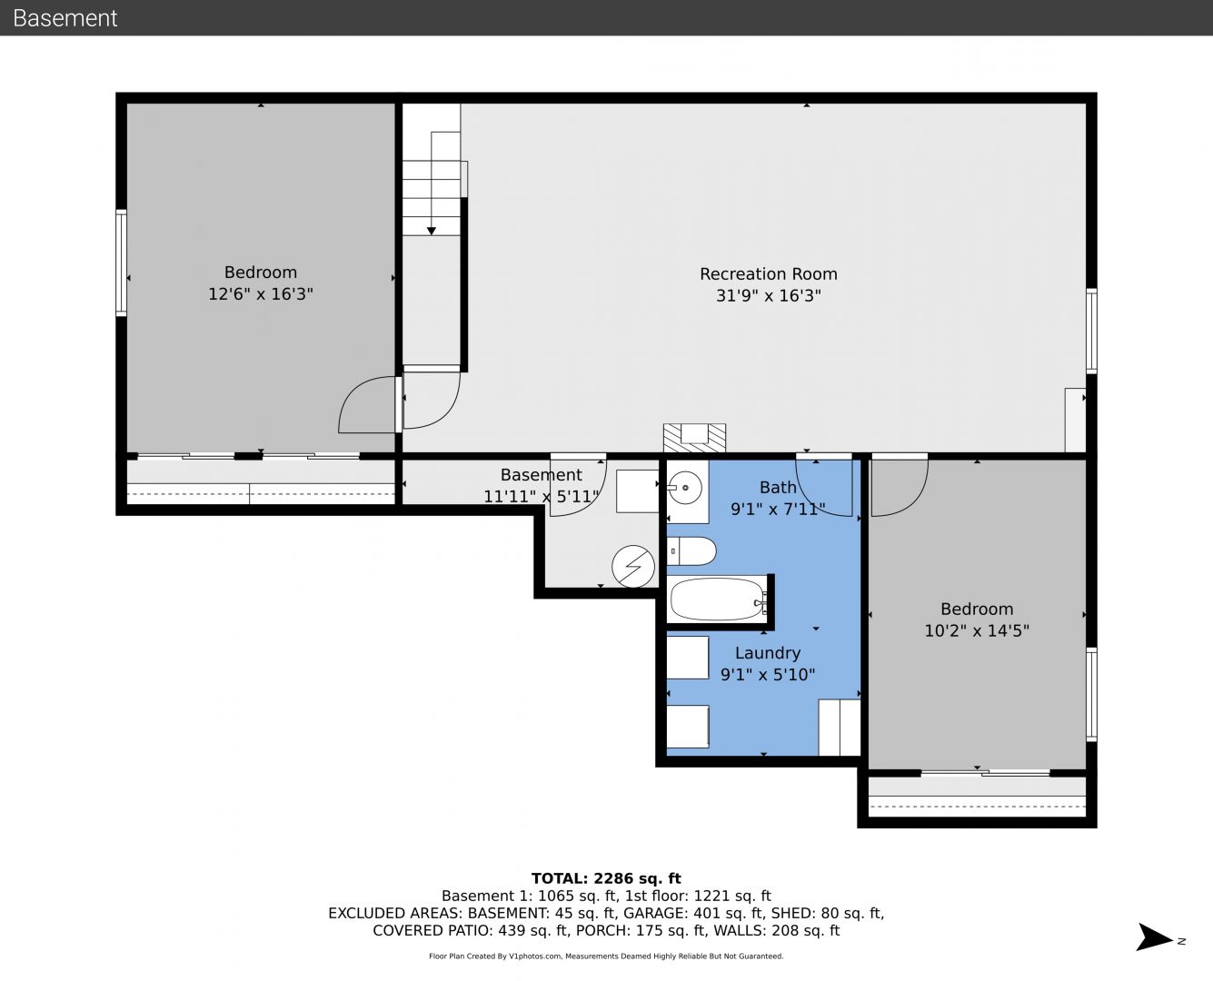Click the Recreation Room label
click(769, 274)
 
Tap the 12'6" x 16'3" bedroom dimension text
click(261, 294)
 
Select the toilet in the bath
click(691, 551)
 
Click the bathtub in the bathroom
click(719, 599)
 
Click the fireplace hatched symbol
click(694, 438)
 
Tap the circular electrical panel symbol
click(633, 567)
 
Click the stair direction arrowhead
click(432, 231)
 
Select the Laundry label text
click(768, 653)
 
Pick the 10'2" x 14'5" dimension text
click(977, 631)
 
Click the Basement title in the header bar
click(65, 18)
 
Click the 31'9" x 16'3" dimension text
click(769, 296)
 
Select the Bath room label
click(778, 488)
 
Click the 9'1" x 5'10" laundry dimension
click(768, 675)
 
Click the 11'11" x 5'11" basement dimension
click(541, 497)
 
